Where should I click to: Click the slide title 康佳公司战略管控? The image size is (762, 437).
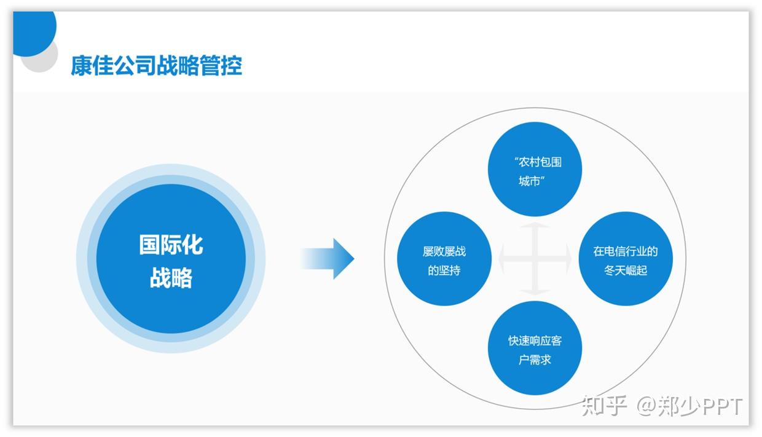156,65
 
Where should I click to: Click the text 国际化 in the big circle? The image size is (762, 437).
171,245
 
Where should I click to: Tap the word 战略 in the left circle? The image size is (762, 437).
171,278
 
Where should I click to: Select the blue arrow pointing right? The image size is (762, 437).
329,259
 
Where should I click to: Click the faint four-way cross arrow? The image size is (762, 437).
535,259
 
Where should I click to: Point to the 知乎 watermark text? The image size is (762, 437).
604,406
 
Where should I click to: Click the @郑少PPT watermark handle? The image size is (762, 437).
689,406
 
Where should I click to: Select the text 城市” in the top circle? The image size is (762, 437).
532,181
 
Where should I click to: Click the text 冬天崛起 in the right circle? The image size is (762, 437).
626,270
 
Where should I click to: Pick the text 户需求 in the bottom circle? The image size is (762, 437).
535,360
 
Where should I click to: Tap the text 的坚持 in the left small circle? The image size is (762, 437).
444,270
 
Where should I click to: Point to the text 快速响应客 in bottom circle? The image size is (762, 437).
535,341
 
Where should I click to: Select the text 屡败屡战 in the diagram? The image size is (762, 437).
444,251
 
